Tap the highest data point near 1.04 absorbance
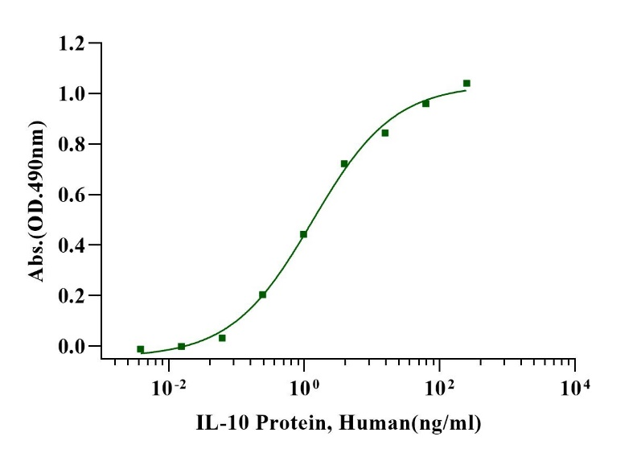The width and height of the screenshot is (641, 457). pos(466,83)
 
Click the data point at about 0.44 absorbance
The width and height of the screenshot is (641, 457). pos(304,234)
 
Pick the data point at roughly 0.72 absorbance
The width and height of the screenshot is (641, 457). pos(344,163)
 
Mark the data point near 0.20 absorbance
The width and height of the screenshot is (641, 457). pos(263,294)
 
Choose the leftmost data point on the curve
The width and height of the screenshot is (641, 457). pos(141,349)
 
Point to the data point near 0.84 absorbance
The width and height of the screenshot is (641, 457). pos(385,133)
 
